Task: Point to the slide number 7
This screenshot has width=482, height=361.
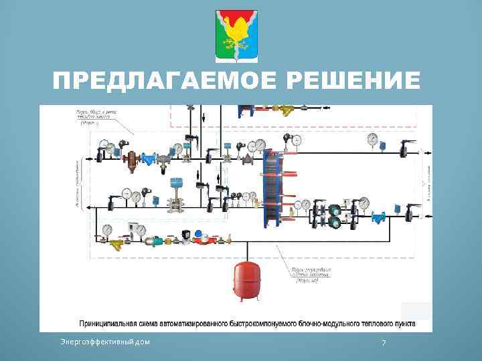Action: tap(384, 342)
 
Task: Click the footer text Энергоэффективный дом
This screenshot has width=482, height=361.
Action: tap(105, 342)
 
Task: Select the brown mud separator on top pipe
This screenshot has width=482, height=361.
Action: tap(132, 159)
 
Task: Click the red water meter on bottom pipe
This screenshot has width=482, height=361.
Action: tap(203, 237)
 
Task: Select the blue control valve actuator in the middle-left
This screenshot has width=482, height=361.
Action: tap(177, 183)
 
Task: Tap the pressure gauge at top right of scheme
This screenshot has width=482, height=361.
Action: tap(372, 140)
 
